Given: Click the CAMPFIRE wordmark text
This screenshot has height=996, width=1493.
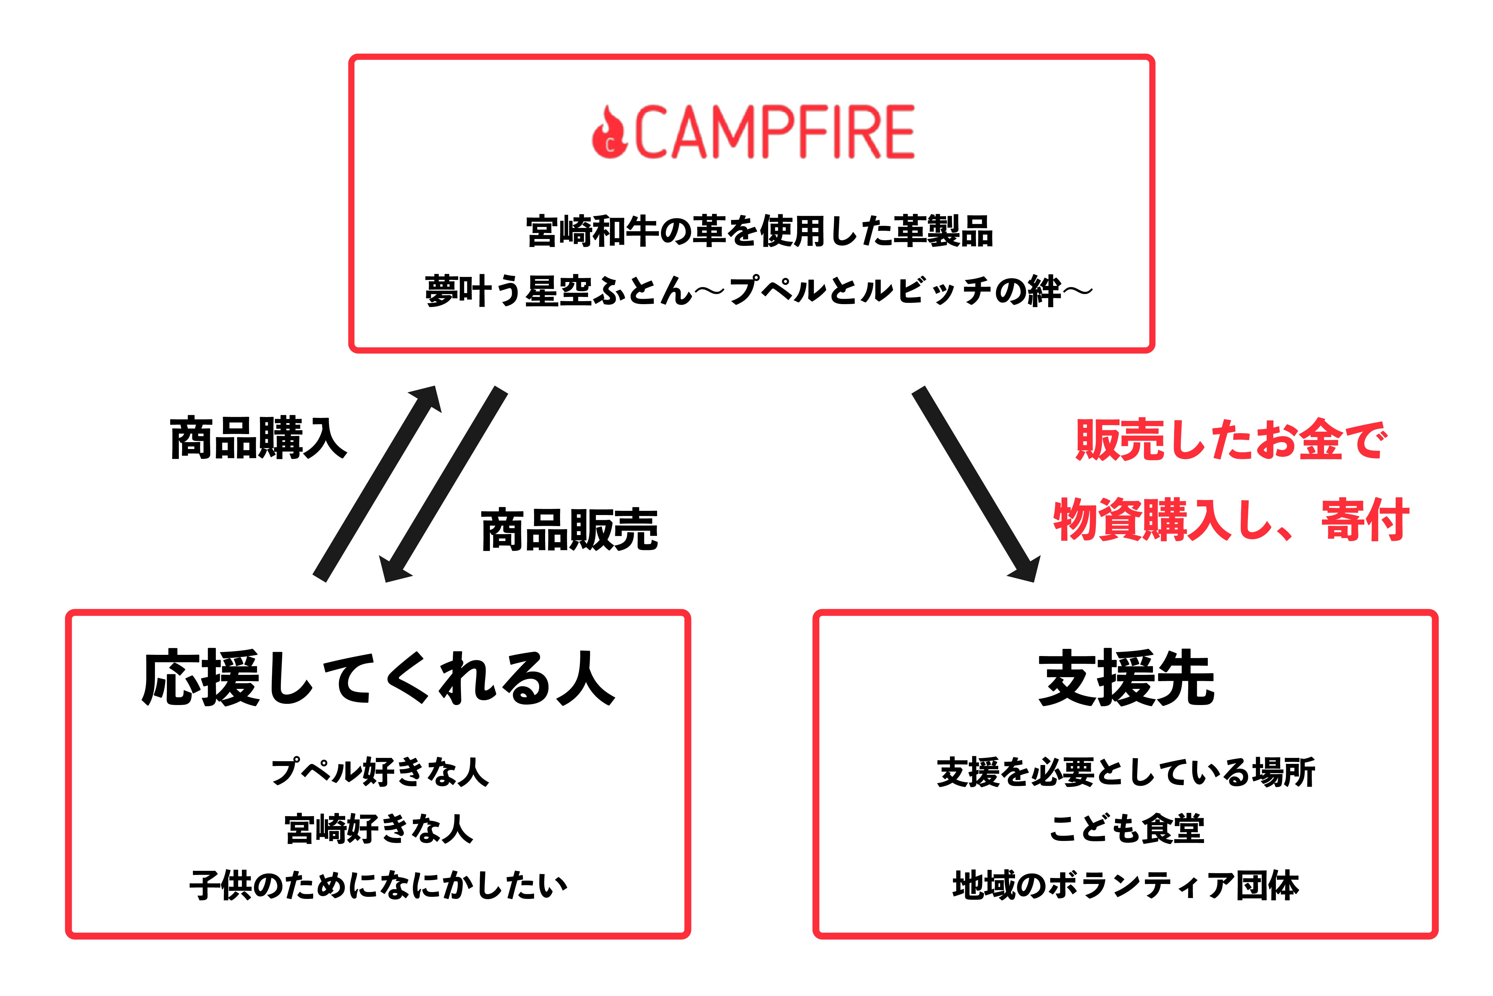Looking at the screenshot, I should tap(774, 132).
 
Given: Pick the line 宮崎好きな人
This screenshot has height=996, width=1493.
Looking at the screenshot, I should tap(379, 829).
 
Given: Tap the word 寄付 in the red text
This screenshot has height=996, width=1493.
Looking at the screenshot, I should tap(1365, 520).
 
